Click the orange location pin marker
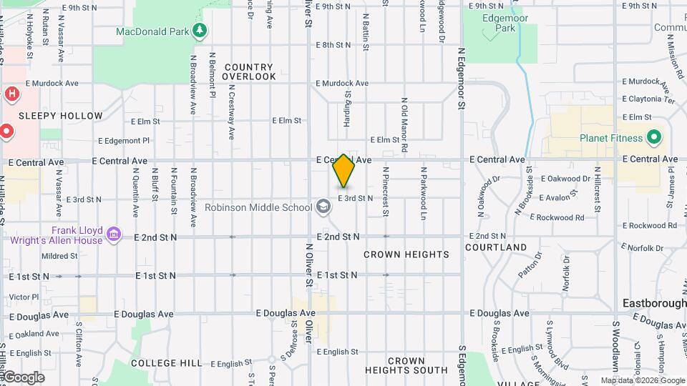(x=343, y=170)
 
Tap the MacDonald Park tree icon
(x=202, y=31)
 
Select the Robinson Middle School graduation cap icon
(x=323, y=207)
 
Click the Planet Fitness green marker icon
(x=653, y=137)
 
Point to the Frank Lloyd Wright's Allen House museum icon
(x=112, y=234)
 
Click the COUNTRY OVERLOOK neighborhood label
(x=248, y=71)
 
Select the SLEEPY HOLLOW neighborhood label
(x=61, y=116)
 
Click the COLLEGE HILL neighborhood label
(x=167, y=363)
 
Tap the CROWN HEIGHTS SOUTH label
(x=406, y=365)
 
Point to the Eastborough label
(x=654, y=303)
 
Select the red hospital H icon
(x=12, y=94)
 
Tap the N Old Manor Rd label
(x=404, y=124)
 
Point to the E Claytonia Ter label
(x=649, y=99)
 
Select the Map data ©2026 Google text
(x=641, y=380)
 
